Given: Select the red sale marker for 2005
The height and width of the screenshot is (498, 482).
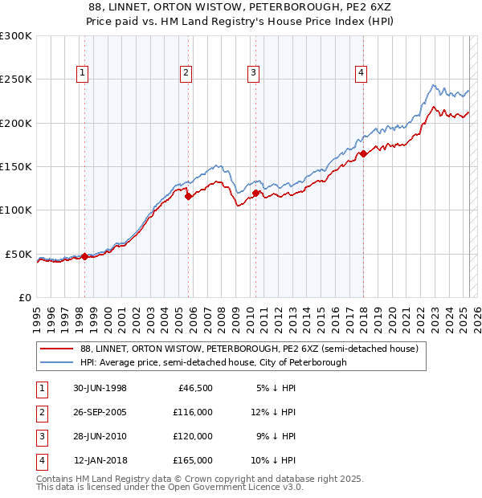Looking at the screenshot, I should point(188,195).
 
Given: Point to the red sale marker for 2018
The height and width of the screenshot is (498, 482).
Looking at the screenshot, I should point(363,153).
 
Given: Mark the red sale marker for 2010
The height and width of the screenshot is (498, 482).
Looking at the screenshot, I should point(255,193).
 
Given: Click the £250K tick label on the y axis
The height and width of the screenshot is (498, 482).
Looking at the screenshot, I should point(16,80).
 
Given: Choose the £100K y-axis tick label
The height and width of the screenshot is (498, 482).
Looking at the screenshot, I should point(16,210).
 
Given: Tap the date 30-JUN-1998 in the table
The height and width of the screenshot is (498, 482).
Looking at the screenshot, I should point(100,388).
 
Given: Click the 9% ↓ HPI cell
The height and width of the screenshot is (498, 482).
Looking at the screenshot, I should point(276,436).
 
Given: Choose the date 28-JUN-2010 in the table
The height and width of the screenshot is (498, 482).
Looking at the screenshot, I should point(100,436).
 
